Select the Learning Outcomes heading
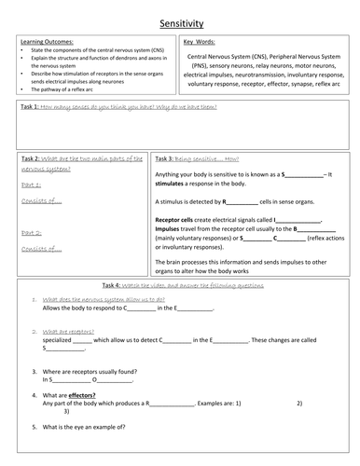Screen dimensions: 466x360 pyautogui.click(x=38, y=42)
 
